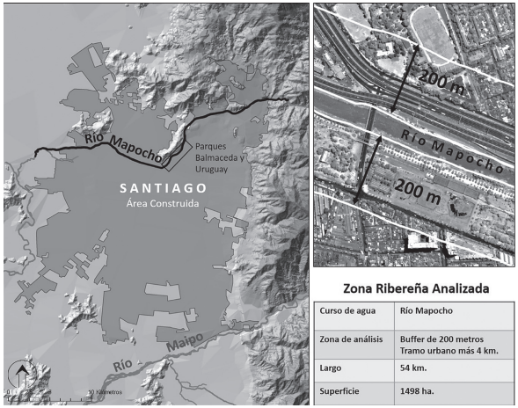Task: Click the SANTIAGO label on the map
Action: pyautogui.click(x=164, y=188)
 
